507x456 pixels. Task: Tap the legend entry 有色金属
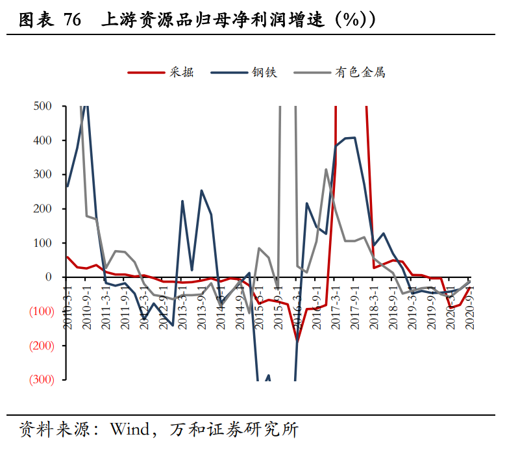[x=360, y=72]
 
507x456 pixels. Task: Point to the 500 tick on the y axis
[x=43, y=106]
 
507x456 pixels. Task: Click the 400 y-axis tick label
[x=43, y=140]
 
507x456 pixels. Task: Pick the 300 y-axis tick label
[x=43, y=174]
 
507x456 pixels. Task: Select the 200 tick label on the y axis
[x=43, y=209]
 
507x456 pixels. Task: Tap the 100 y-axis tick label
[x=43, y=243]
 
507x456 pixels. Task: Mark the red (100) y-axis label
[x=40, y=311]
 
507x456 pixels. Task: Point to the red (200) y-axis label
[x=40, y=346]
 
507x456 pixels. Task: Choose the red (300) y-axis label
[x=40, y=379]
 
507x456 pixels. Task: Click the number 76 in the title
[x=73, y=20]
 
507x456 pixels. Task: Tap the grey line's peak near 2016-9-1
[x=326, y=170]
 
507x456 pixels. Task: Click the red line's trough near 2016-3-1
[x=297, y=340]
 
